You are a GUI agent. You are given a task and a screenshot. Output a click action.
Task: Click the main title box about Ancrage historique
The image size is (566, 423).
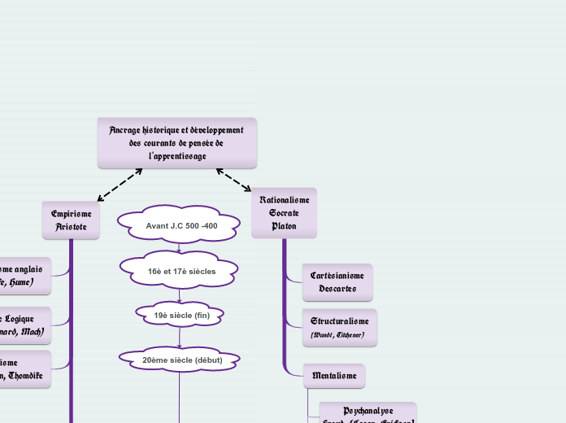click(176, 142)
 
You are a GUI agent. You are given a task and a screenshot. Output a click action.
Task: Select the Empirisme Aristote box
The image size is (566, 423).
click(71, 220)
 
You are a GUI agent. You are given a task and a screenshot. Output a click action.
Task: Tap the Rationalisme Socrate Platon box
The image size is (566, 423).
click(284, 212)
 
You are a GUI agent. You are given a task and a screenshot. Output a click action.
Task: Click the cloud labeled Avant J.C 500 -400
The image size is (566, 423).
click(181, 225)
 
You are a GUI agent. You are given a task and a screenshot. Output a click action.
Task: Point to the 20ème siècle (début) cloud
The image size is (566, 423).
click(181, 359)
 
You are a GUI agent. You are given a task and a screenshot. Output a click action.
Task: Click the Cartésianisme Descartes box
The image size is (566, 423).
click(337, 282)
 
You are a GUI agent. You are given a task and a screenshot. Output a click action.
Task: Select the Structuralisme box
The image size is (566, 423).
click(339, 327)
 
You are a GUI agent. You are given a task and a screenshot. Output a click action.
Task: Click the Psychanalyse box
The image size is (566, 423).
click(368, 413)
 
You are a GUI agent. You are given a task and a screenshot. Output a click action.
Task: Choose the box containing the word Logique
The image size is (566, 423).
click(24, 325)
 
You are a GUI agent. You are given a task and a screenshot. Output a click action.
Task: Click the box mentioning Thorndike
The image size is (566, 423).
click(24, 369)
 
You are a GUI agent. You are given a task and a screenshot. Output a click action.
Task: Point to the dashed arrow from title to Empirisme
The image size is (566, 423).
click(120, 185)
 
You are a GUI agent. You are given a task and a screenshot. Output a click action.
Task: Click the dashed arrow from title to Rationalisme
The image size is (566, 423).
click(234, 181)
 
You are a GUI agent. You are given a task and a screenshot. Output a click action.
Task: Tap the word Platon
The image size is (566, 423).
click(284, 225)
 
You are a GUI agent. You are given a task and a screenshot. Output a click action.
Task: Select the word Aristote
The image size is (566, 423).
click(71, 227)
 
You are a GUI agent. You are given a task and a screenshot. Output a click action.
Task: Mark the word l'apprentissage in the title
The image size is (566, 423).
click(177, 155)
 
